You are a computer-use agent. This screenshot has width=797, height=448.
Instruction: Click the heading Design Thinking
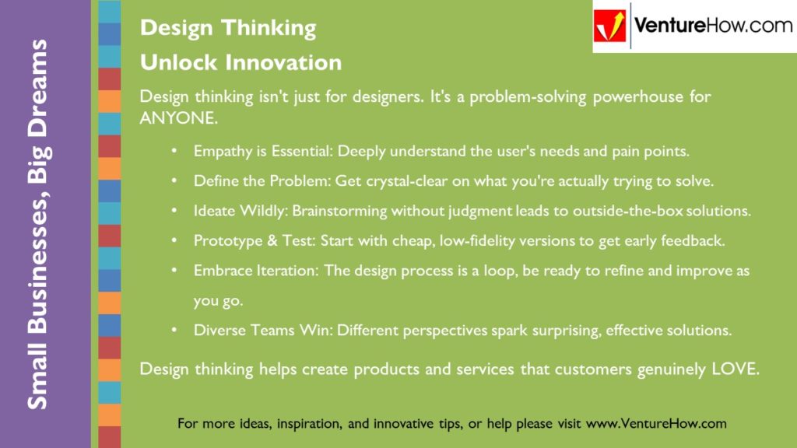tap(228, 28)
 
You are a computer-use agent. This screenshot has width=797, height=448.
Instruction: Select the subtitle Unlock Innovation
tap(241, 62)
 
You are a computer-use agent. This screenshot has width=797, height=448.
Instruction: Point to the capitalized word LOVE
tap(736, 369)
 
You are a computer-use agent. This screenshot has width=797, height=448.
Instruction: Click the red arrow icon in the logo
tap(610, 26)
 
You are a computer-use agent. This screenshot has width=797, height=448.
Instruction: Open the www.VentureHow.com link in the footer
tap(655, 424)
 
